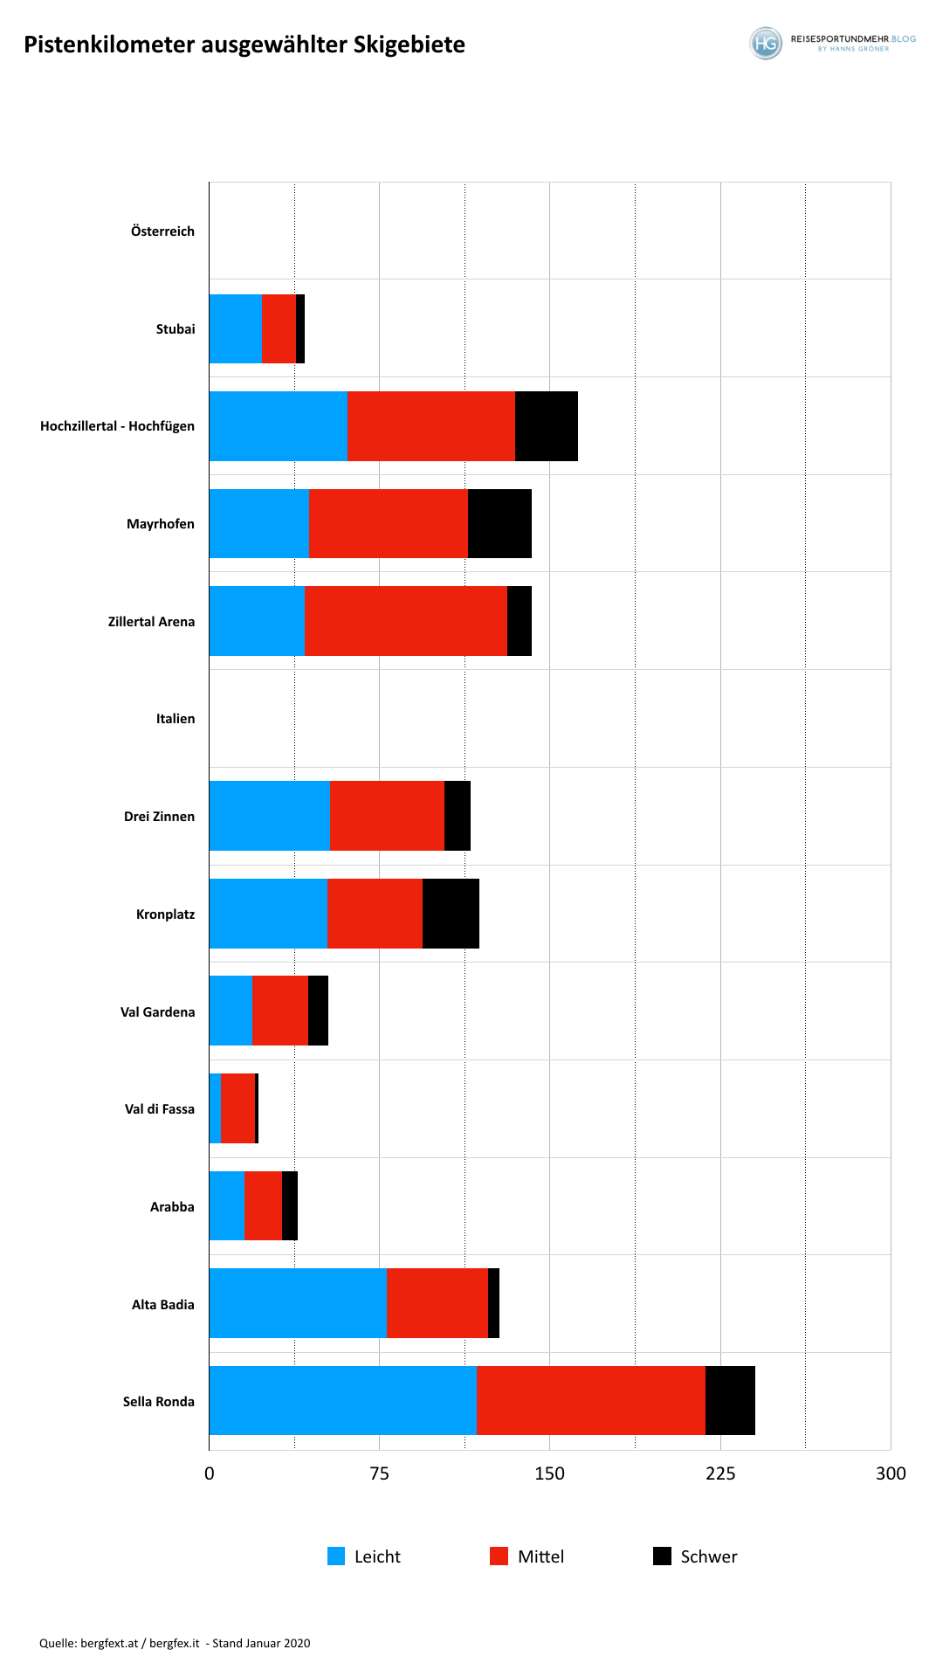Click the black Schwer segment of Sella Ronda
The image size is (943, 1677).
point(730,1400)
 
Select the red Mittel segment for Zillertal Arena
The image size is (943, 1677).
point(406,621)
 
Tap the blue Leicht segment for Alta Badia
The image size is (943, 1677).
point(298,1303)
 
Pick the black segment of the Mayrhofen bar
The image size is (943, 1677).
point(499,523)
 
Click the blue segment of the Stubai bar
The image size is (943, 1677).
point(235,328)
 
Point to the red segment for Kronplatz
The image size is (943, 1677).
point(375,914)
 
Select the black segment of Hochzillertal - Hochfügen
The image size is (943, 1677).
point(547,426)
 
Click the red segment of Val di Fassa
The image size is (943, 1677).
point(238,1108)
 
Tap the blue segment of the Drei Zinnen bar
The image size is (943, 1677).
point(269,816)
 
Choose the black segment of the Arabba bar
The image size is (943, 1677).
point(290,1205)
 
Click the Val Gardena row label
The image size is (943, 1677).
point(158,1011)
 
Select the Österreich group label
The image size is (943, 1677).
point(163,231)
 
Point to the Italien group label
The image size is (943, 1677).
point(176,719)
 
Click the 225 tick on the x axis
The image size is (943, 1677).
point(720,1473)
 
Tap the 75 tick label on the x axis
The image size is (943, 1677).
point(379,1473)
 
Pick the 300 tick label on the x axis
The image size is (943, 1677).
point(891,1473)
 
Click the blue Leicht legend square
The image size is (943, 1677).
point(336,1556)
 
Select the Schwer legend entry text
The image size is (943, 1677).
point(709,1556)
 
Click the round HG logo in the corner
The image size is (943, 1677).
point(766,43)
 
